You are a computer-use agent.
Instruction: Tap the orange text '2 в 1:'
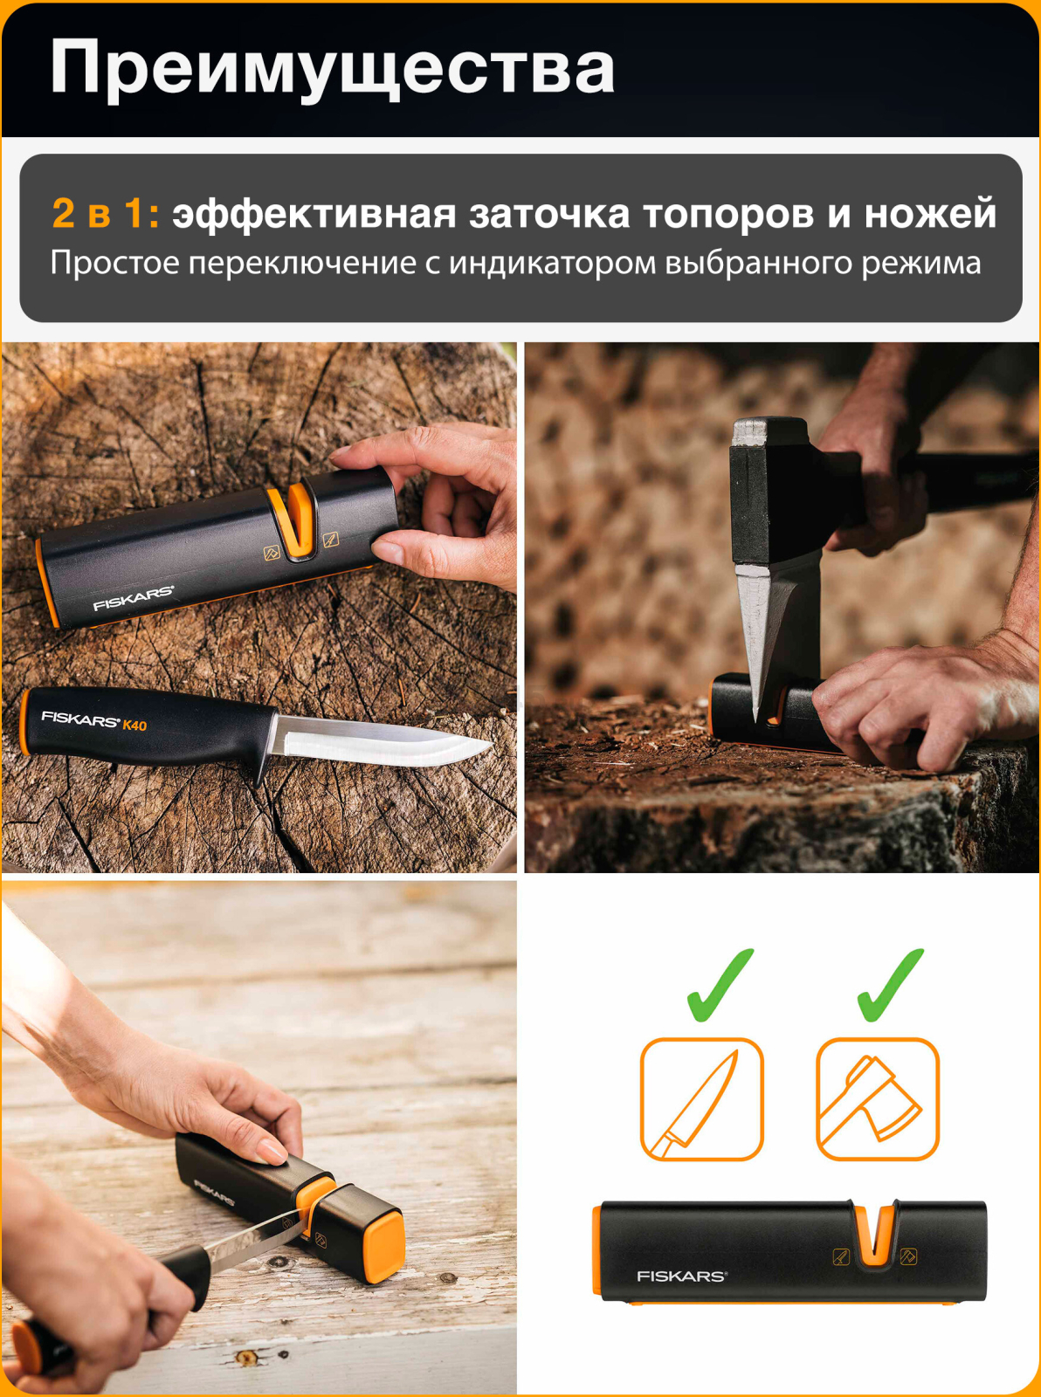105,214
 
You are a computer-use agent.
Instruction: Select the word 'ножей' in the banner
930,214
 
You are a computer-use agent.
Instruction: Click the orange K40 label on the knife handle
134,725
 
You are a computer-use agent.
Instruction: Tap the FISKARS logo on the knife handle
79,719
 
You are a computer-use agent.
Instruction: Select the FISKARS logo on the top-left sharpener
133,598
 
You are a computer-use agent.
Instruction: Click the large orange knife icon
701,1099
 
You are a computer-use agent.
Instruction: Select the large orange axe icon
877,1099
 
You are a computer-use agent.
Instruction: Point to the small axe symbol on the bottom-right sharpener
908,1256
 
